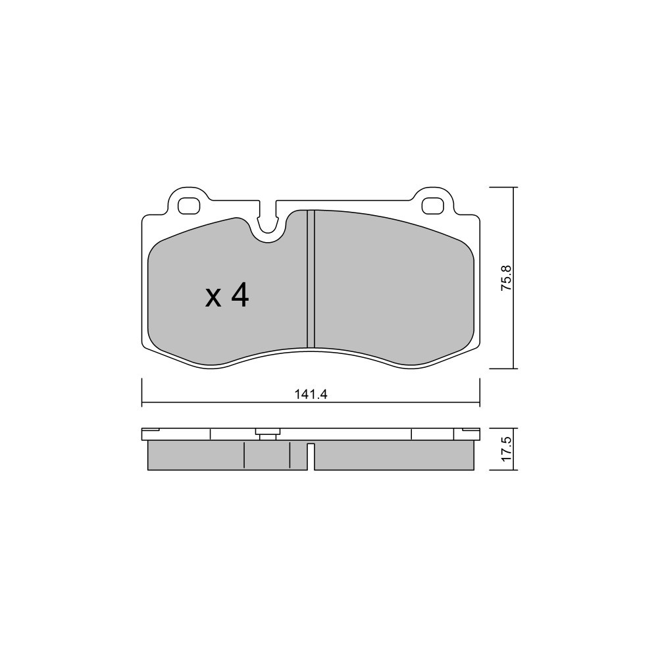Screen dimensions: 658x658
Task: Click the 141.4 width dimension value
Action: pyautogui.click(x=311, y=394)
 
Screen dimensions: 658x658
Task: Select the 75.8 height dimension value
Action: pyautogui.click(x=506, y=278)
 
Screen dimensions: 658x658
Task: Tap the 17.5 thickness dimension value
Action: pyautogui.click(x=506, y=449)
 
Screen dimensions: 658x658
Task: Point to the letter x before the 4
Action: pyautogui.click(x=213, y=298)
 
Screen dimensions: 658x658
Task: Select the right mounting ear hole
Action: pyautogui.click(x=432, y=205)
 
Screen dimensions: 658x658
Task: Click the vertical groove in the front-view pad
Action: pyautogui.click(x=311, y=279)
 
